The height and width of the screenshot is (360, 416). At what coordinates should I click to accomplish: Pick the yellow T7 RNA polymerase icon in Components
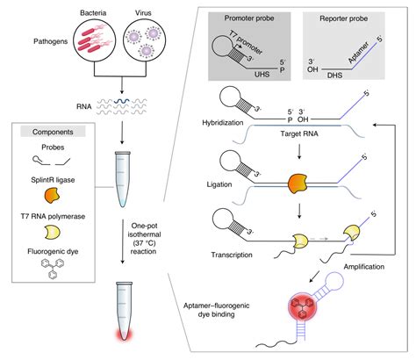coord(57,231)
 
